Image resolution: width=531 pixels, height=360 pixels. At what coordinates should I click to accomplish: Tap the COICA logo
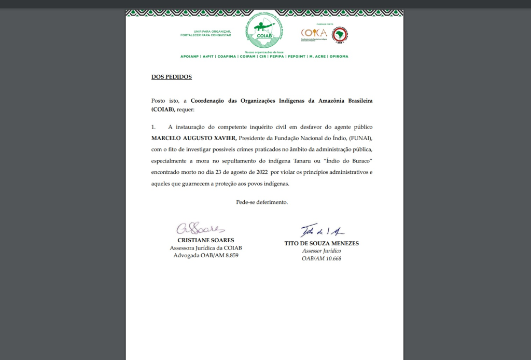click(314, 34)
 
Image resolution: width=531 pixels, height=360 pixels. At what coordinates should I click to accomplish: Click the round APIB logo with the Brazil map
click(341, 34)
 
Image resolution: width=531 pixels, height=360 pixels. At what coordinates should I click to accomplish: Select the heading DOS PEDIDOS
click(172, 77)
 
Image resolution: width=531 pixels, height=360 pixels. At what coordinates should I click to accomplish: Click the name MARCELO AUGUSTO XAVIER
click(193, 139)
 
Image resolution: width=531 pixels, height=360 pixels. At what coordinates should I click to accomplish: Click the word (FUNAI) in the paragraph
click(358, 139)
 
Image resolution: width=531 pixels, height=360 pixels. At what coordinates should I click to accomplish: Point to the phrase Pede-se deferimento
click(262, 202)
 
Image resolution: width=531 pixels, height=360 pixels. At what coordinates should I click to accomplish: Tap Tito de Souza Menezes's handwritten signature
click(322, 231)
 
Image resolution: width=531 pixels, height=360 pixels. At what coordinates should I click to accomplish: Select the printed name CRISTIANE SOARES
click(206, 240)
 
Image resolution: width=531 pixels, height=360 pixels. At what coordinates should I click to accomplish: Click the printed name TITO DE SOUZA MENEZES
click(322, 243)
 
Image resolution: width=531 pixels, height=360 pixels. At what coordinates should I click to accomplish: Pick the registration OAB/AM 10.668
click(322, 258)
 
